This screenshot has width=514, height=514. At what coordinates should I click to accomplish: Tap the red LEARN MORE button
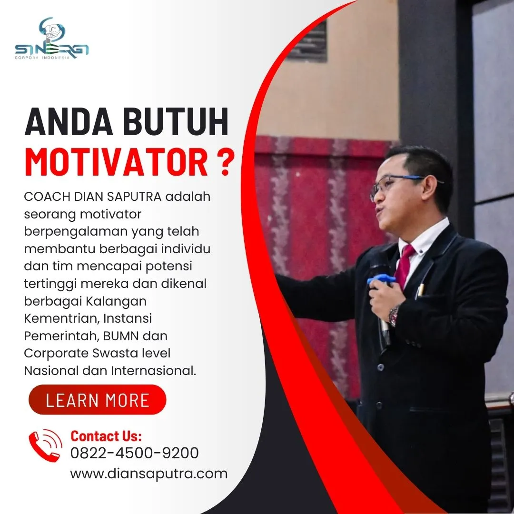tap(97, 400)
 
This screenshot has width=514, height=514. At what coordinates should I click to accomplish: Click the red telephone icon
tap(45, 445)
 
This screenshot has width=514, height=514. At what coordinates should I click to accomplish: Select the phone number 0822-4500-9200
tap(134, 453)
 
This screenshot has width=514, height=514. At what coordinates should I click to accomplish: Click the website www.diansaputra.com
tap(148, 474)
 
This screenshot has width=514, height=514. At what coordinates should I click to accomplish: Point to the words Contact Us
tap(106, 436)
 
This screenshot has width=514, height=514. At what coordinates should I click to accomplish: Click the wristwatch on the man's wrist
tap(394, 315)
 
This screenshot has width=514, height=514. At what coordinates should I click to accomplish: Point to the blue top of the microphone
tap(381, 280)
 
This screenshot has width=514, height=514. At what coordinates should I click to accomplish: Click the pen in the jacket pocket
tap(420, 290)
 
